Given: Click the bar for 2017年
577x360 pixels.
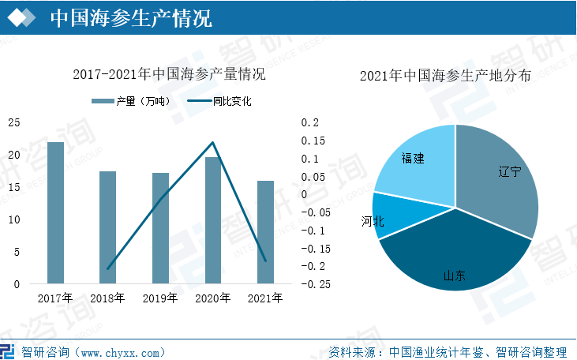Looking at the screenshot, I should click(55, 212).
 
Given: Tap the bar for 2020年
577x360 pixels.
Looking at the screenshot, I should click(212, 220).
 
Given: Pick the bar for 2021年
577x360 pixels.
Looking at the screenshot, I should click(265, 232).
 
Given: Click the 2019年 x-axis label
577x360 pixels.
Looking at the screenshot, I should click(160, 298).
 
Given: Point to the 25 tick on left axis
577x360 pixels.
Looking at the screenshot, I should click(14, 122).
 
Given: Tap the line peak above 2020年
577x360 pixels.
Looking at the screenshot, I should click(212, 143).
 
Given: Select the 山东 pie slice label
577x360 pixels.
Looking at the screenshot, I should click(454, 276).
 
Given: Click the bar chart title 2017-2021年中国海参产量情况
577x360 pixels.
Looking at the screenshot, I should click(169, 76).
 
